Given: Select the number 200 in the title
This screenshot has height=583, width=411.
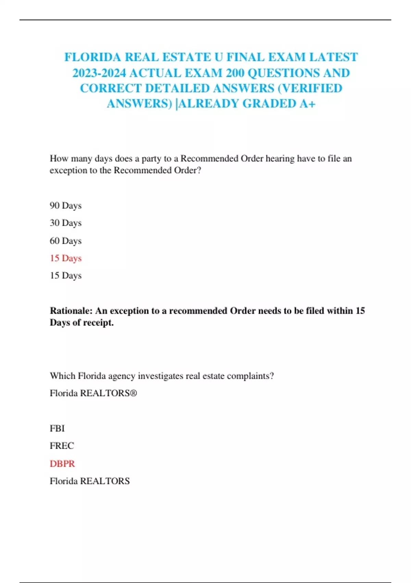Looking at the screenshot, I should [x=235, y=73].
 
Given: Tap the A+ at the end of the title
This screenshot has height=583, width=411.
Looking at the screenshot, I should [x=307, y=104].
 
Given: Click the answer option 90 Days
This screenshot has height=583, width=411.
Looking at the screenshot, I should [x=65, y=205].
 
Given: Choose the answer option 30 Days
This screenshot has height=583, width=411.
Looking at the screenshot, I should [x=65, y=223].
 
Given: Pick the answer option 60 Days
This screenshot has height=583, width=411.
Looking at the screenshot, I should [x=65, y=241].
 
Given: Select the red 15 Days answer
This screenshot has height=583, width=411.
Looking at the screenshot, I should [x=65, y=258].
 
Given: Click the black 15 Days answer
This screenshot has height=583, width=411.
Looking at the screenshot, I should [x=65, y=275].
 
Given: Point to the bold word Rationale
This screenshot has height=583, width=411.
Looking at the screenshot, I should [x=71, y=311].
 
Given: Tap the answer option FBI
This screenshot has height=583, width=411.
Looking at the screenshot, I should [x=57, y=428].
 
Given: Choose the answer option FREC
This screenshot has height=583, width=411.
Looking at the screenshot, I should [x=62, y=446].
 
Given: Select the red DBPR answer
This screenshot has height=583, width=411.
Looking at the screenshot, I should [x=62, y=464].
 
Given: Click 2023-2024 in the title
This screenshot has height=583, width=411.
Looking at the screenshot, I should [x=99, y=73].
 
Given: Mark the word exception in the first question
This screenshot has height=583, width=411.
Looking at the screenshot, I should [x=68, y=170].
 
